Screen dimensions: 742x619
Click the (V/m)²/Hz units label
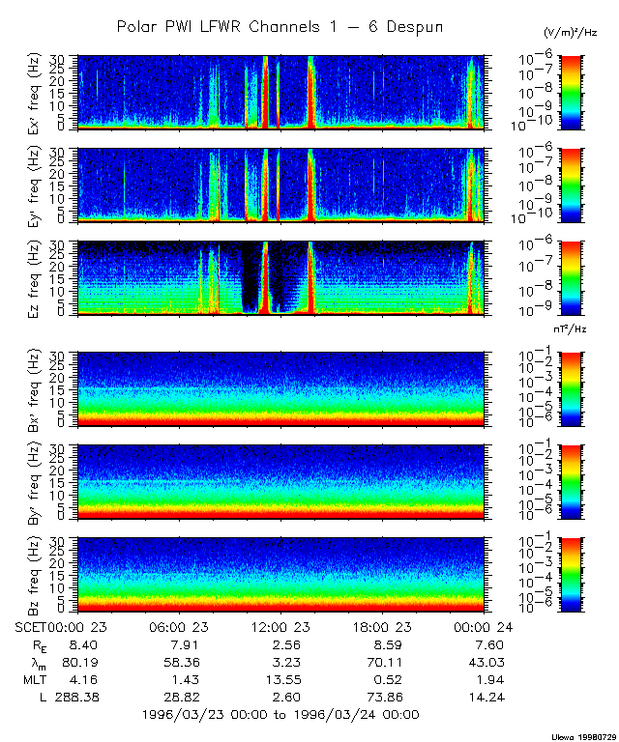pos(571,34)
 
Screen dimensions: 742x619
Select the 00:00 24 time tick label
pos(481,626)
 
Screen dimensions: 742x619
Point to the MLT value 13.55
pos(279,679)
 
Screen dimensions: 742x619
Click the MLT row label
pos(33,679)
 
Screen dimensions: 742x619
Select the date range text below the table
pos(280,715)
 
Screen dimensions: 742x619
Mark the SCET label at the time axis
pos(31,626)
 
